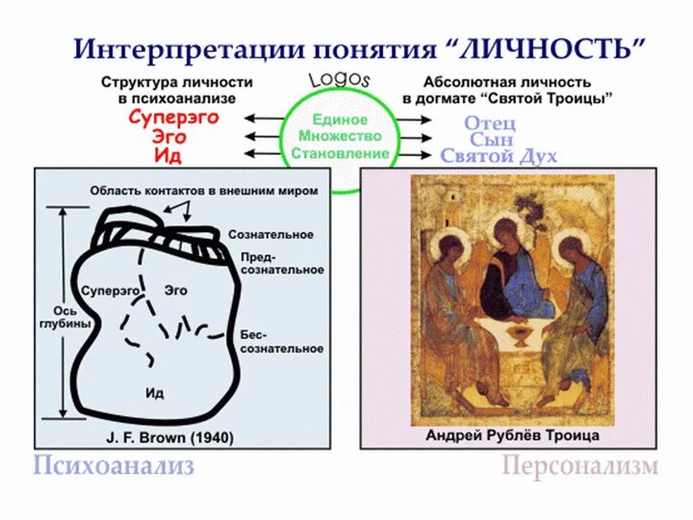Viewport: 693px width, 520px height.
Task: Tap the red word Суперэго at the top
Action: point(174,117)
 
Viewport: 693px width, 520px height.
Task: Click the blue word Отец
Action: point(490,122)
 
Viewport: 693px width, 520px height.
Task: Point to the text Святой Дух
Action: point(498,156)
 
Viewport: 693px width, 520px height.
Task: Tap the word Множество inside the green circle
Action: point(340,137)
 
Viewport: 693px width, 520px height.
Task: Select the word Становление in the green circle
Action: point(340,153)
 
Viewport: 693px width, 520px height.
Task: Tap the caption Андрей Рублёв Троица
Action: point(512,435)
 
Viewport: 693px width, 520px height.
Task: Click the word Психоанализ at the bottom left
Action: point(114,468)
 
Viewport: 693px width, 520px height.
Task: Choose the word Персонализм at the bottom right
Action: point(579,468)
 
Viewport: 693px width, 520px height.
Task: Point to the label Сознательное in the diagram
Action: point(270,235)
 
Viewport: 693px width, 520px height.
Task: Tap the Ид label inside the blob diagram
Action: point(154,392)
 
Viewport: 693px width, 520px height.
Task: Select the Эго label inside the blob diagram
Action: point(175,289)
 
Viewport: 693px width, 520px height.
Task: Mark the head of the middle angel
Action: point(504,230)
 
